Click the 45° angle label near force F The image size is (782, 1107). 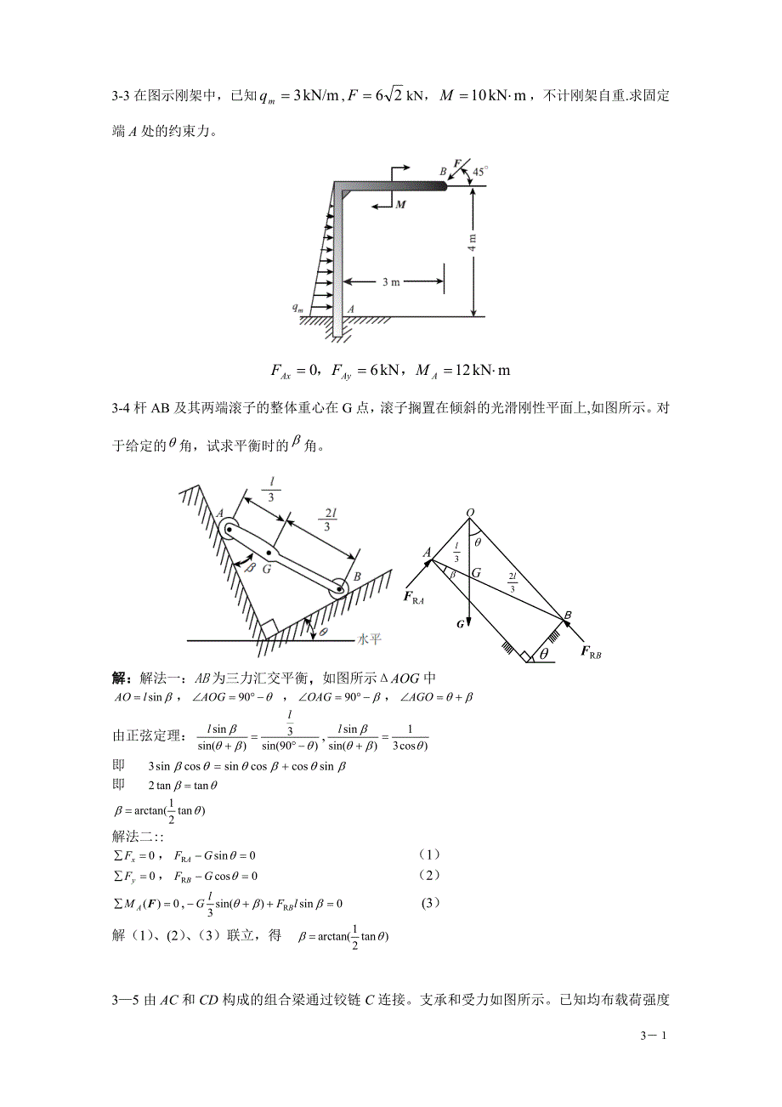tap(479, 172)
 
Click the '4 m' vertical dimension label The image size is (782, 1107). tap(472, 242)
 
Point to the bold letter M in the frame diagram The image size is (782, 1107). tap(400, 205)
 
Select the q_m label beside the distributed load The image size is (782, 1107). tap(298, 309)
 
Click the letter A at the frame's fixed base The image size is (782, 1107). tap(350, 310)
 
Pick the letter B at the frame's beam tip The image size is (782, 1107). tap(443, 172)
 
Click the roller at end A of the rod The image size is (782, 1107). tap(229, 529)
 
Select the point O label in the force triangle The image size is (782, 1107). tap(469, 513)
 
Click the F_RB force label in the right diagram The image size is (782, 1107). tap(591, 652)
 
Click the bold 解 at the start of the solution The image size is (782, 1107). tap(120, 678)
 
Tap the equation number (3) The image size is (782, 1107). tap(431, 903)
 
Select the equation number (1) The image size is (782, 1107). tap(430, 854)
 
